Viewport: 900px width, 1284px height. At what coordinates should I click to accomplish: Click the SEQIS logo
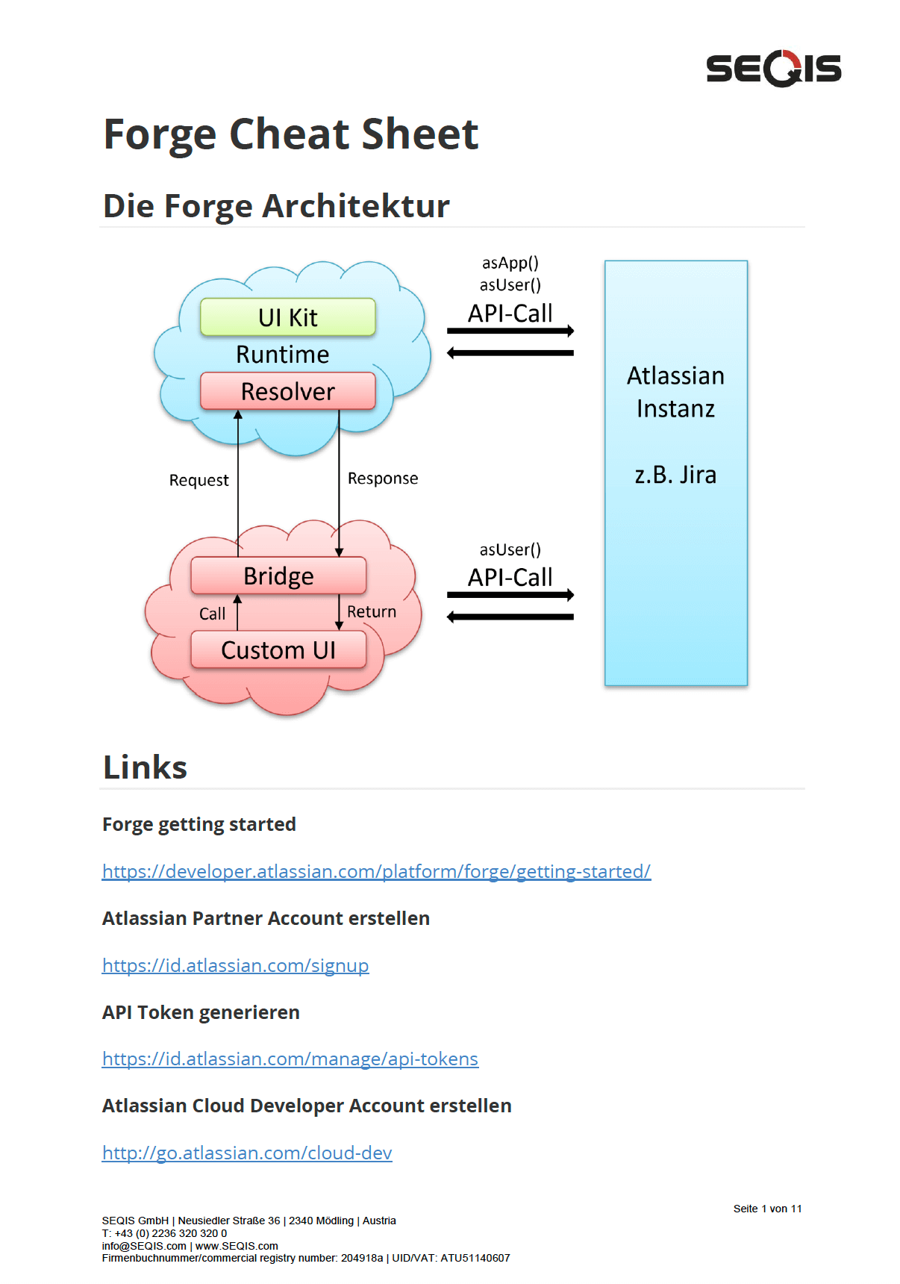[x=773, y=69]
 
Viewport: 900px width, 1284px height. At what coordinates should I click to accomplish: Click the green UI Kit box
[x=287, y=317]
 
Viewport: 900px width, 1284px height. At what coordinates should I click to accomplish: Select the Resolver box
[x=287, y=391]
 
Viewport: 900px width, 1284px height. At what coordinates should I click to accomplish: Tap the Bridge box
[x=278, y=576]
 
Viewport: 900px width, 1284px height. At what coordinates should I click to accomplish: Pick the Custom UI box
[x=278, y=649]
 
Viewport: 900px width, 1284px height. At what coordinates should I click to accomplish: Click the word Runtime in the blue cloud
[x=282, y=355]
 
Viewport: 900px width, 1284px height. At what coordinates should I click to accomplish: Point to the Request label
[x=199, y=480]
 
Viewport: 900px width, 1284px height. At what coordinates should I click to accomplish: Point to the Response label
[x=383, y=479]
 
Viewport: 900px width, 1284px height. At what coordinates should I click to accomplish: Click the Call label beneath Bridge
[x=212, y=614]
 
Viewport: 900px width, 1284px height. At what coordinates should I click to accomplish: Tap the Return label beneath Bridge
[x=372, y=611]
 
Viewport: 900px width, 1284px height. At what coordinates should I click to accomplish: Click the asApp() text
[x=510, y=263]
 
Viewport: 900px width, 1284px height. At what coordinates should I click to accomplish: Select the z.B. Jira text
[x=675, y=475]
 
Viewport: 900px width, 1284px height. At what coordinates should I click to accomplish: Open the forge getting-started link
[x=376, y=871]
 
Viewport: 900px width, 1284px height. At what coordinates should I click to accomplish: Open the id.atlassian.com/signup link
[x=235, y=965]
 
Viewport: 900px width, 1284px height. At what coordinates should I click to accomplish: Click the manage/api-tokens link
[x=290, y=1059]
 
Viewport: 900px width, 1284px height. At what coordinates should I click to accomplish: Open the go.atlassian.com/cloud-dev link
[x=247, y=1153]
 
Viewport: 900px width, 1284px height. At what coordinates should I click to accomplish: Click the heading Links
[x=145, y=767]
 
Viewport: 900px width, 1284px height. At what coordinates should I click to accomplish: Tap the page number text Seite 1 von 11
[x=767, y=1209]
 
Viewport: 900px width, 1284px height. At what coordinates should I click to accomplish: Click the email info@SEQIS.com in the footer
[x=144, y=1246]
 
